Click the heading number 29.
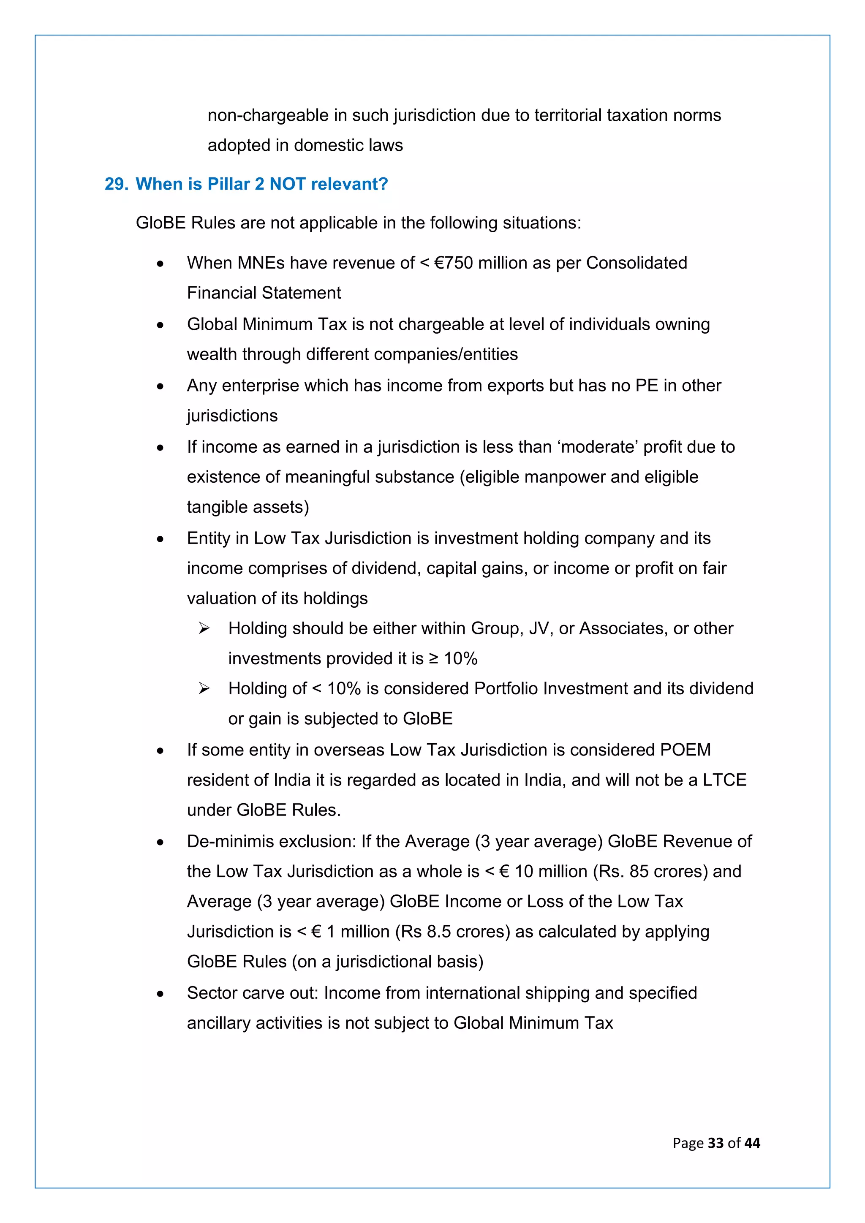(x=116, y=184)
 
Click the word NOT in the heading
(x=287, y=184)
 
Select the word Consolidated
(x=637, y=263)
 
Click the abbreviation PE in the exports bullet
(x=647, y=386)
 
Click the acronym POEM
(x=685, y=750)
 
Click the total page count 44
(x=752, y=1143)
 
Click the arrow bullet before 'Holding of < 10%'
(x=204, y=689)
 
